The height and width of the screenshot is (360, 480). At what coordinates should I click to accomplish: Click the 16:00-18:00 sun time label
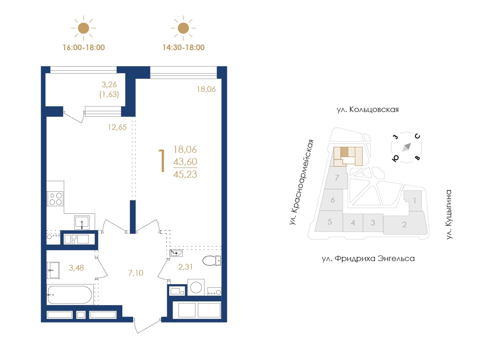83,47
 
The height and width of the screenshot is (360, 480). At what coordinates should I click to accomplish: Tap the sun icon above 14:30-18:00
183,28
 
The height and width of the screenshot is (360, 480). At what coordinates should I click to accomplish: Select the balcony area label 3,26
109,84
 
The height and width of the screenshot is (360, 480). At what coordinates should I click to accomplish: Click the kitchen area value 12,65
117,127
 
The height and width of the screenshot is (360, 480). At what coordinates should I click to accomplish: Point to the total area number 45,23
185,174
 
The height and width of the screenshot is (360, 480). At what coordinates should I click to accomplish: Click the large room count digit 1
162,160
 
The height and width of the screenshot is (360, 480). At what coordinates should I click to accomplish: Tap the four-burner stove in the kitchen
55,198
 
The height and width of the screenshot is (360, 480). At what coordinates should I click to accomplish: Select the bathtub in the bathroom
69,294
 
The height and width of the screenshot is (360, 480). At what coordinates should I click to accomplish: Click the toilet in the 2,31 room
211,261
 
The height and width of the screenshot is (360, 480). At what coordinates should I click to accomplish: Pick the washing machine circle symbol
196,287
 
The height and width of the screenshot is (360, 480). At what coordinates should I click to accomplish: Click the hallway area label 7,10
135,273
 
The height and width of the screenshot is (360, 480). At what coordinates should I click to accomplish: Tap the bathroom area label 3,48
76,268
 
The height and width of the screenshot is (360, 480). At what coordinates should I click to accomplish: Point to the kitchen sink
82,222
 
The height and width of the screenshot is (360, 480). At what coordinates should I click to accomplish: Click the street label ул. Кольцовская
367,110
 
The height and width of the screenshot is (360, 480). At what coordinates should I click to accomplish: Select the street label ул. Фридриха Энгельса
368,259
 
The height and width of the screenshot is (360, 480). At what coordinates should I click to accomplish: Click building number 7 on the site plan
337,178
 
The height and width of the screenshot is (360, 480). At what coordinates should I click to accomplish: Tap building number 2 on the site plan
405,225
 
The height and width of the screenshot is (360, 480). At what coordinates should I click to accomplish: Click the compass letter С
417,136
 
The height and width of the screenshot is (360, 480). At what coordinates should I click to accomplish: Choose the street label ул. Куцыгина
449,214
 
